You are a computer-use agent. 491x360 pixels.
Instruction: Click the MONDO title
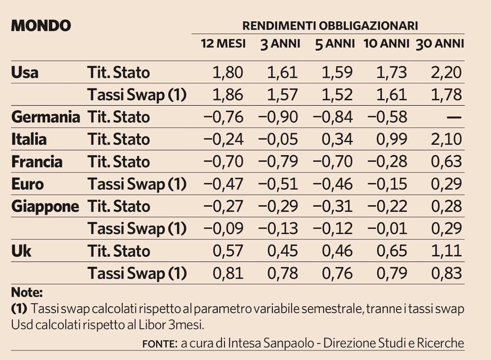pyautogui.click(x=41, y=25)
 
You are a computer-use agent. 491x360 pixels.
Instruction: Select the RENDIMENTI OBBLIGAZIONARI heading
pyautogui.click(x=330, y=26)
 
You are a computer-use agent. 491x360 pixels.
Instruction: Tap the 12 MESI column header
pyautogui.click(x=223, y=44)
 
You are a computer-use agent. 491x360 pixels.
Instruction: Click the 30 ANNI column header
pyautogui.click(x=440, y=44)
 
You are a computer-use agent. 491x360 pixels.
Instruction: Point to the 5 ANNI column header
pyautogui.click(x=335, y=44)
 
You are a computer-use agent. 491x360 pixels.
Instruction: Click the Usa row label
pyautogui.click(x=25, y=73)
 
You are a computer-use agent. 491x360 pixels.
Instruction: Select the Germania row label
pyautogui.click(x=45, y=117)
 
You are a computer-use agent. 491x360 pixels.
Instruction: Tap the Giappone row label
pyautogui.click(x=45, y=206)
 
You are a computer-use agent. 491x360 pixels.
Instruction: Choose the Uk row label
pyautogui.click(x=21, y=251)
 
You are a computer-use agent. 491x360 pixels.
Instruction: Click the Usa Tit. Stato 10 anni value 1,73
pyautogui.click(x=392, y=73)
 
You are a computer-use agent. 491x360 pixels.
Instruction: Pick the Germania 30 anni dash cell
pyautogui.click(x=454, y=117)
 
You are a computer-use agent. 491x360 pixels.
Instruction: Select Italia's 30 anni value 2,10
pyautogui.click(x=446, y=140)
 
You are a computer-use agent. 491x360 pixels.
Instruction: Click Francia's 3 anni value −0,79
pyautogui.click(x=278, y=162)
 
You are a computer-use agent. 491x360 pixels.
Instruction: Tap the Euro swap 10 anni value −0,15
pyautogui.click(x=387, y=184)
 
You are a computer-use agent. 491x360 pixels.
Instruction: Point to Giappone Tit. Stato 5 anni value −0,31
pyautogui.click(x=333, y=206)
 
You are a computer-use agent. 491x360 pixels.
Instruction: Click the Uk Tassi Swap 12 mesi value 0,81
pyautogui.click(x=228, y=273)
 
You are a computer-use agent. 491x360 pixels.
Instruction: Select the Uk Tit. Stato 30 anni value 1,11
pyautogui.click(x=446, y=251)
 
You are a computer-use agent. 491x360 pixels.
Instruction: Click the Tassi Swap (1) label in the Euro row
pyautogui.click(x=137, y=184)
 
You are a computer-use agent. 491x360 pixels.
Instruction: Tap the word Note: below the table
pyautogui.click(x=27, y=292)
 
